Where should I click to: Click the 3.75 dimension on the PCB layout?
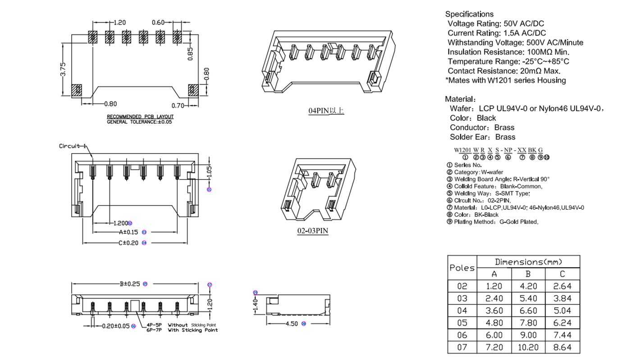point(64,69)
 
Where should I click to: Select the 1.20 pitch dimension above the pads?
point(119,22)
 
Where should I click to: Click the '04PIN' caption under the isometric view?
point(326,110)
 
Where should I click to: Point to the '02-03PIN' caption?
point(312,231)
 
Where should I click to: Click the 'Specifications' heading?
point(469,14)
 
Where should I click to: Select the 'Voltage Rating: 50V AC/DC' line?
point(496,23)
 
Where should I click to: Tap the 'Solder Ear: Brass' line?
point(482,137)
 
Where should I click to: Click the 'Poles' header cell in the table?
point(462,268)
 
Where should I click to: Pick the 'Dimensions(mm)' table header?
point(528,262)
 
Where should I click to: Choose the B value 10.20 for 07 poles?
point(528,347)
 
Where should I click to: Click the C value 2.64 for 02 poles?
point(562,286)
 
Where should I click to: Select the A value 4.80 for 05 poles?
point(494,323)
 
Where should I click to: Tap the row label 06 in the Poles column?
point(462,335)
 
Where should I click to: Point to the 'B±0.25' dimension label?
point(130,284)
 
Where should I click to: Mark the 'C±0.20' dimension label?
point(128,243)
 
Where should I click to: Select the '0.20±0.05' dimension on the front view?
point(116,326)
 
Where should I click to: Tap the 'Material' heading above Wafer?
point(459,99)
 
